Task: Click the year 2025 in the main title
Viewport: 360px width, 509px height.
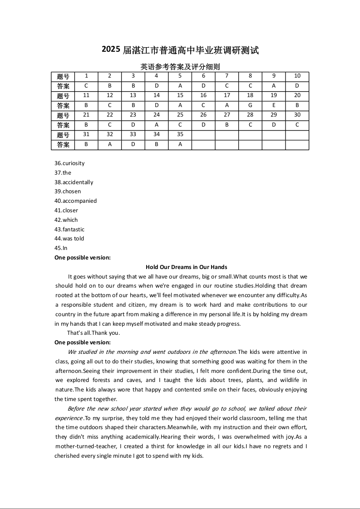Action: click(x=111, y=50)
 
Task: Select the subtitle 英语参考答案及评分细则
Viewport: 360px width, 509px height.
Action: click(x=180, y=67)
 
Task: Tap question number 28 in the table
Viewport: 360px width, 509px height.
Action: click(x=250, y=115)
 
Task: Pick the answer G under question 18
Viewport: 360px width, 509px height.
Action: click(x=250, y=105)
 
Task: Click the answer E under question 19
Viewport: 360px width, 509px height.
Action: click(x=274, y=105)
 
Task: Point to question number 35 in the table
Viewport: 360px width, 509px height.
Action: click(x=180, y=135)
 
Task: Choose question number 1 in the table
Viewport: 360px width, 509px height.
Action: click(x=86, y=76)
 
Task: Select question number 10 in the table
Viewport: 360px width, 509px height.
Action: click(x=297, y=76)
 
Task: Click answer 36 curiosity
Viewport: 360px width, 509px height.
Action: click(x=69, y=163)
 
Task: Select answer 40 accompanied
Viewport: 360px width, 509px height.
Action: click(x=75, y=201)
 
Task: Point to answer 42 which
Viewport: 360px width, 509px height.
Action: click(x=66, y=220)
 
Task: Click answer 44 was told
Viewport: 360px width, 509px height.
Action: click(x=69, y=239)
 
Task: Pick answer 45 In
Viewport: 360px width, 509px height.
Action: click(x=61, y=248)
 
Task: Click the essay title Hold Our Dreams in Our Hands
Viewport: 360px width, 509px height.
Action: click(x=186, y=267)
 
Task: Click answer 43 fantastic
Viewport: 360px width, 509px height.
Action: click(x=69, y=230)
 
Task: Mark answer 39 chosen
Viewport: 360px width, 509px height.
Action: click(x=68, y=191)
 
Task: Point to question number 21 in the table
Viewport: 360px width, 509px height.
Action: click(x=86, y=115)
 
